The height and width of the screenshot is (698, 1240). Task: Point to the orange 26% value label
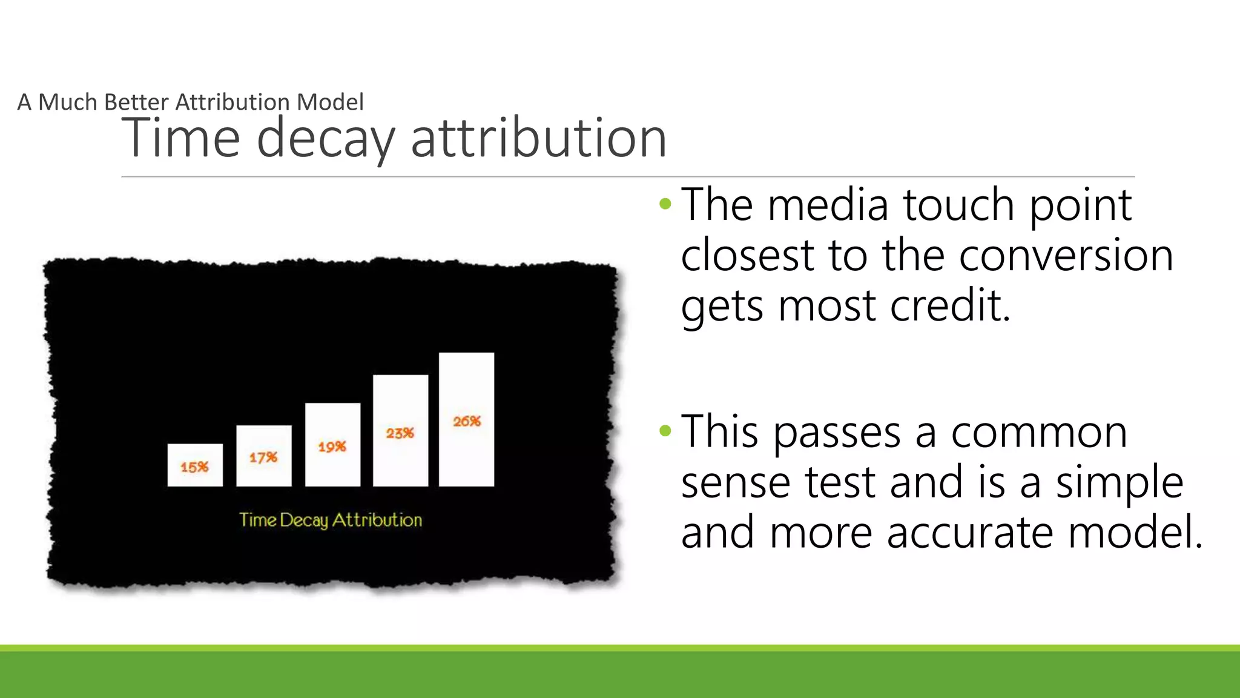tap(467, 421)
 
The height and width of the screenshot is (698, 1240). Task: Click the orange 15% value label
tap(194, 467)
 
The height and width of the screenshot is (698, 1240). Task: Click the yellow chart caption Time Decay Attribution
tap(331, 520)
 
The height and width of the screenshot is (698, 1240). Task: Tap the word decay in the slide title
tap(326, 139)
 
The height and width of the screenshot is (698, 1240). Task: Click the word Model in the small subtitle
tap(330, 102)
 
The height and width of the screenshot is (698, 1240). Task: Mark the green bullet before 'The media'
tap(665, 204)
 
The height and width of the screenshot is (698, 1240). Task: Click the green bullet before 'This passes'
tap(665, 431)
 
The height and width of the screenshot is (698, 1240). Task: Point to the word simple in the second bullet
tap(1120, 483)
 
